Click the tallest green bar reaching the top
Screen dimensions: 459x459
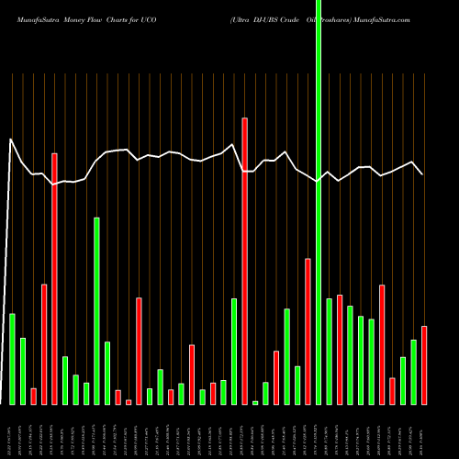(x=319, y=202)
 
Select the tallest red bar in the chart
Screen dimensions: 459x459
(x=245, y=261)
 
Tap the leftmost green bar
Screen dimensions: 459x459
(x=12, y=358)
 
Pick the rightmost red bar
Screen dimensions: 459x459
(x=424, y=364)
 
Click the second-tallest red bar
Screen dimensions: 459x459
(x=54, y=278)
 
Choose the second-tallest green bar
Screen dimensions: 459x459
(x=96, y=310)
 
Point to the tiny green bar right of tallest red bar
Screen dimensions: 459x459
(x=255, y=401)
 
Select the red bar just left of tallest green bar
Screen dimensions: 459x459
(x=308, y=330)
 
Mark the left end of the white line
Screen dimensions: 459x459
(x=11, y=140)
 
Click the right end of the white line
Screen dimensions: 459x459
(x=423, y=174)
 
